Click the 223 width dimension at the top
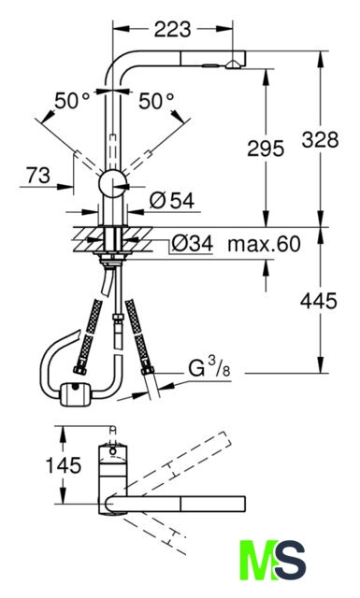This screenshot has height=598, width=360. coord(173,29)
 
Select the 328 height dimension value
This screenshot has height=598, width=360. coord(320,139)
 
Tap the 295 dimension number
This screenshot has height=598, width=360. coord(266,148)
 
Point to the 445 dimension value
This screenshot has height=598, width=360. coord(319,301)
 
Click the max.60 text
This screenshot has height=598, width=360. coord(265,244)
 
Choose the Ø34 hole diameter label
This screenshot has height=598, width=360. coord(192,243)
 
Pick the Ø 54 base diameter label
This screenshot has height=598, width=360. coord(172,200)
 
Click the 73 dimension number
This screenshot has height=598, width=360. coord(38,176)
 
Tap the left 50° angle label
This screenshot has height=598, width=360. coord(72,101)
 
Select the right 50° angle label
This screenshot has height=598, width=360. coord(156,101)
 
